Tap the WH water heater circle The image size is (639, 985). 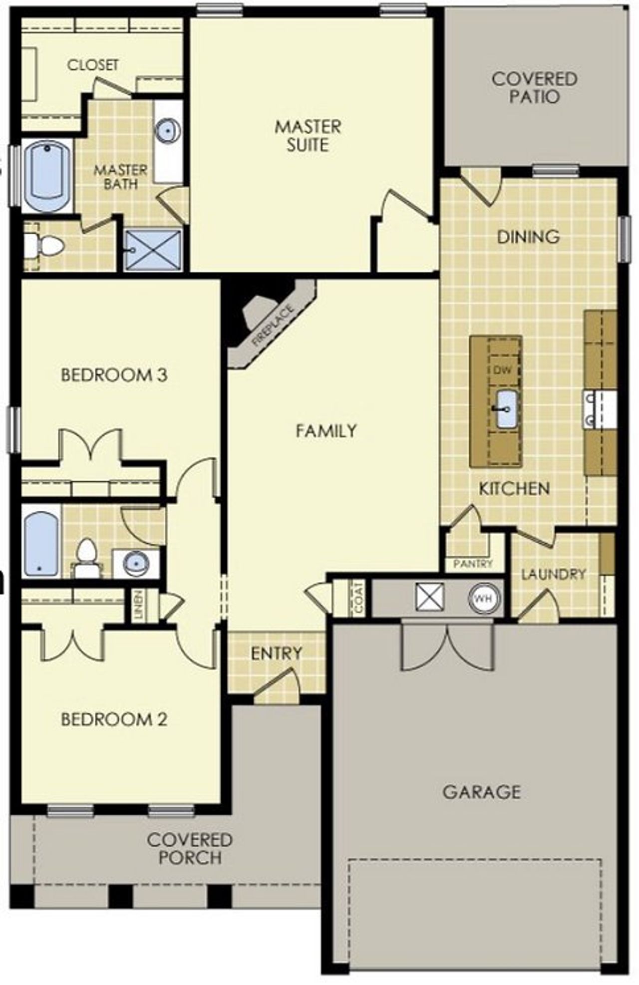(483, 598)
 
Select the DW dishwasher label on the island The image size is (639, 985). (503, 370)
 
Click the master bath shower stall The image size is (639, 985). (153, 250)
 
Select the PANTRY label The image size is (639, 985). (472, 564)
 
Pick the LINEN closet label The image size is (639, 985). (138, 605)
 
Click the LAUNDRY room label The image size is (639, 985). (553, 574)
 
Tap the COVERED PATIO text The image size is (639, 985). (534, 87)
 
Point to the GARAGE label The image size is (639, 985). (481, 792)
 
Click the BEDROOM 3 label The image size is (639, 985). (114, 375)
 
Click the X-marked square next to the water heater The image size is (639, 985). (429, 597)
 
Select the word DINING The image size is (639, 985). (528, 236)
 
